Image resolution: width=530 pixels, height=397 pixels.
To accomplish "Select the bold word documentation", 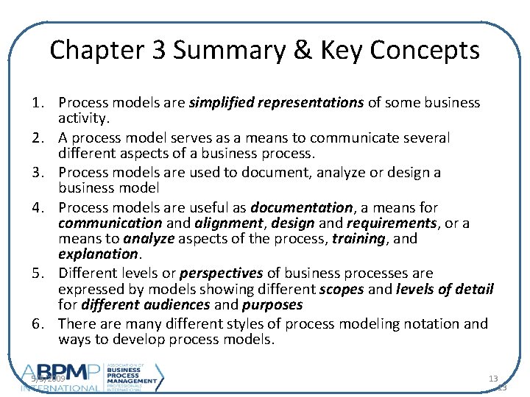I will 301,208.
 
